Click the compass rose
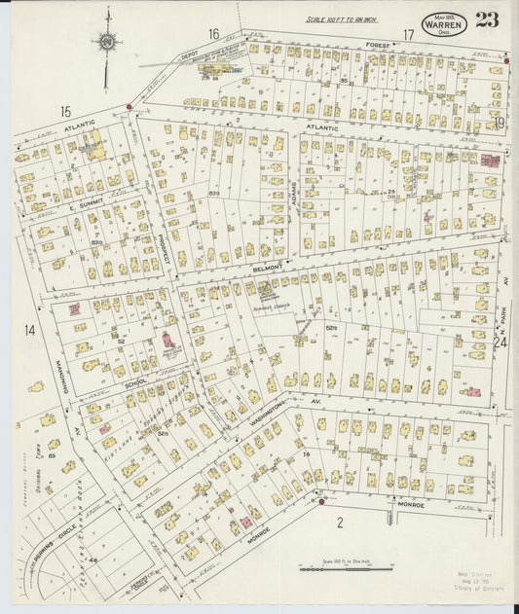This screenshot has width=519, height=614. (x=106, y=42)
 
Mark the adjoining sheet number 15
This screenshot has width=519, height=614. (x=65, y=112)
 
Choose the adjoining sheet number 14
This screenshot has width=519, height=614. (x=30, y=331)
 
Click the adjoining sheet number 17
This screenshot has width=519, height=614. (x=409, y=35)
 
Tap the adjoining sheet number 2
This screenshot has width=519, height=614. (x=340, y=524)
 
